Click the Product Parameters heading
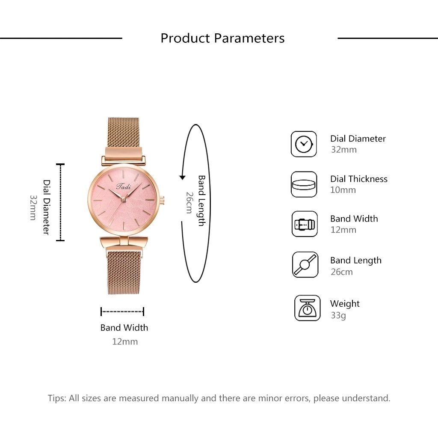222,38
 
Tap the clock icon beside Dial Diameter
304,144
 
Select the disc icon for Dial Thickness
304,184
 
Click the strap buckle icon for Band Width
305,224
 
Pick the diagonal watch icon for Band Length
305,264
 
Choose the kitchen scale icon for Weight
307,308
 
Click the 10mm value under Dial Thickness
343,190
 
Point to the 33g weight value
338,315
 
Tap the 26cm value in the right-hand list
342,272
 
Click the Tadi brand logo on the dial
124,186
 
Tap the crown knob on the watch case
162,200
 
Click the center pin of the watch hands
124,200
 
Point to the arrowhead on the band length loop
182,177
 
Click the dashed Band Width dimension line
122,311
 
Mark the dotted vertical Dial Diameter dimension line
60,202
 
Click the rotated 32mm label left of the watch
33,207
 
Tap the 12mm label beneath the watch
125,341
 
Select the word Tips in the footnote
57,398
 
